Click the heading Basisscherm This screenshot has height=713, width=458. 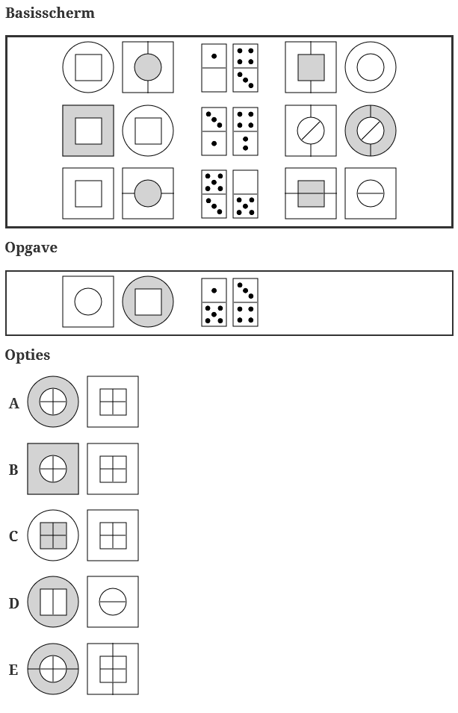50,13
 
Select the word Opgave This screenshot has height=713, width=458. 31,248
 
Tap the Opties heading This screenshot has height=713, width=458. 28,355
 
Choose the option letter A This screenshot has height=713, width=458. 13,403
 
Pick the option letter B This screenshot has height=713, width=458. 13,470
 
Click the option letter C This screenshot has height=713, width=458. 13,536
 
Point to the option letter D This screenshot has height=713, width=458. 13,603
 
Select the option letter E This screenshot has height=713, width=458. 13,670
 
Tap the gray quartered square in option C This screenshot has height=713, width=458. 53,535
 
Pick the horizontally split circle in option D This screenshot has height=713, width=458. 113,602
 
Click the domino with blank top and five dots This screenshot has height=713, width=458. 245,193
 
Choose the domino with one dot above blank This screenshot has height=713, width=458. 214,68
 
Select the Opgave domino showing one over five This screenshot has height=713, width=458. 214,302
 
